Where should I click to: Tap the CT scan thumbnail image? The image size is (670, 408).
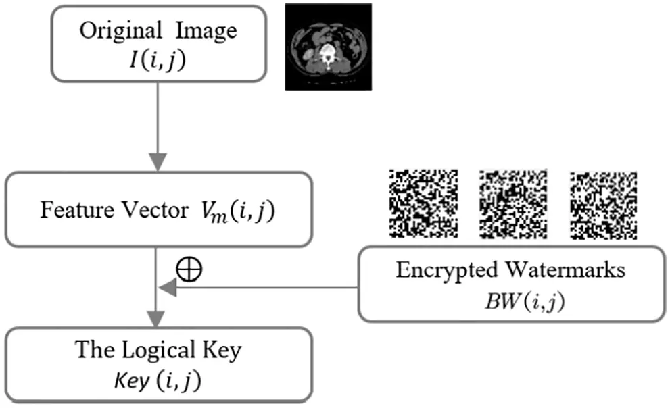328,47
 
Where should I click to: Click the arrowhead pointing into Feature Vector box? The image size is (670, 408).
158,162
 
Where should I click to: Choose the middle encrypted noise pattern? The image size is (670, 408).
512,203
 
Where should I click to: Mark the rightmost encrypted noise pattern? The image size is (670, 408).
602,203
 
